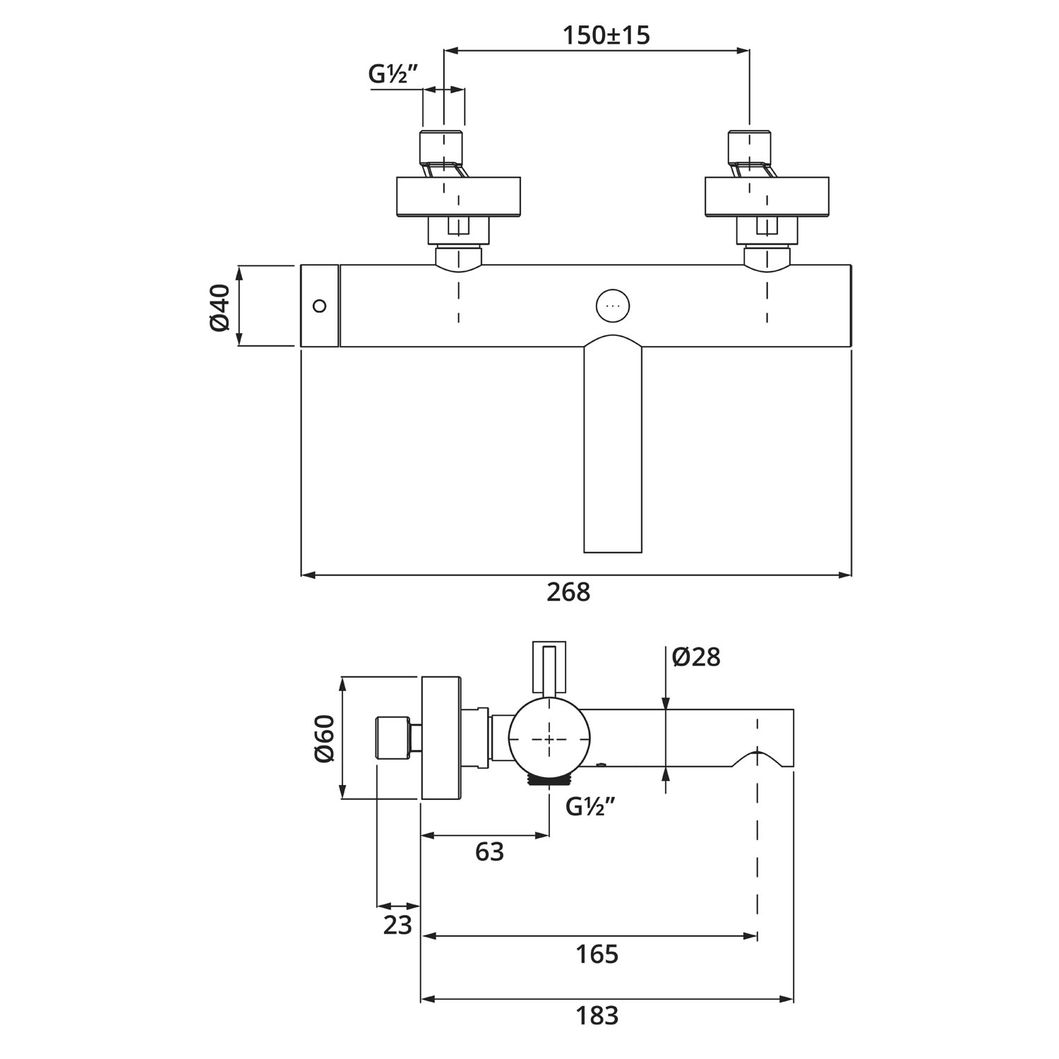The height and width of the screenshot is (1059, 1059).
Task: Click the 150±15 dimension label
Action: click(606, 35)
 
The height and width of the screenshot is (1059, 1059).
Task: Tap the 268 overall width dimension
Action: click(568, 592)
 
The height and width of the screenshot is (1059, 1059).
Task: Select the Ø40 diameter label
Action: click(220, 306)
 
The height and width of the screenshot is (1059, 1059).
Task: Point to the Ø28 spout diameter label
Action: click(696, 657)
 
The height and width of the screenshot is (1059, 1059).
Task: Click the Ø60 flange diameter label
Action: click(324, 738)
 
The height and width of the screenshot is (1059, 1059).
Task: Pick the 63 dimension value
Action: click(489, 851)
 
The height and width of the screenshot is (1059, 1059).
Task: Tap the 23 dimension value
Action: click(397, 924)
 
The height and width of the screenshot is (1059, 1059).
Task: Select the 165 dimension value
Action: click(597, 954)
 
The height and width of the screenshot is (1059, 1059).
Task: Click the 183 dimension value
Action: click(597, 1015)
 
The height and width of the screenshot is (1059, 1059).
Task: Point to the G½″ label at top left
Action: click(394, 74)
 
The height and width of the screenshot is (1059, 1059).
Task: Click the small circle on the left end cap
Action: click(320, 306)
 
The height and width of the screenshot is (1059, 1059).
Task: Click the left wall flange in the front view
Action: click(458, 196)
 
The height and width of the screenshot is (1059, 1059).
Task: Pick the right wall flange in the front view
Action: click(767, 196)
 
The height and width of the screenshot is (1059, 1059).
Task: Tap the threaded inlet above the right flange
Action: click(749, 147)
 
